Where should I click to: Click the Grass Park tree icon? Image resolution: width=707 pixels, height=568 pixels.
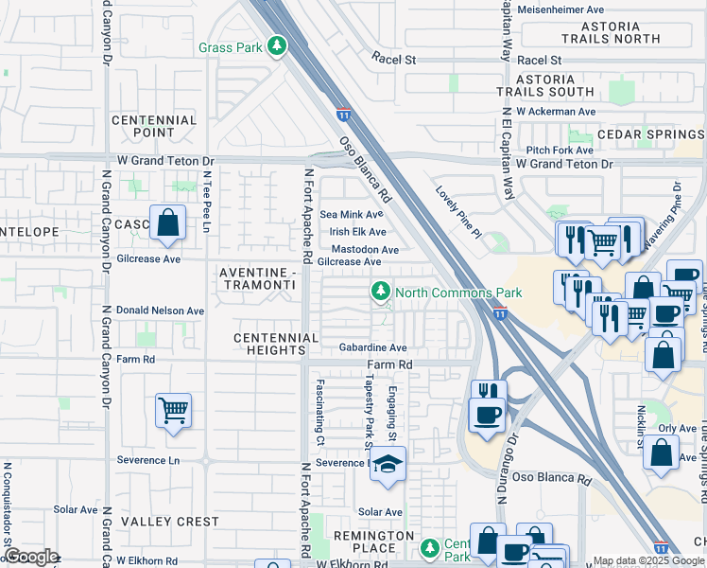coord(276,45)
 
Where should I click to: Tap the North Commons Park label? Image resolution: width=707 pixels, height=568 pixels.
coord(444,293)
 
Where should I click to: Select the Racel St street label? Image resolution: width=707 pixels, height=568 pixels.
coord(393,59)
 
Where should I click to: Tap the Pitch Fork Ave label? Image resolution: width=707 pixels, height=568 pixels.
coord(560,150)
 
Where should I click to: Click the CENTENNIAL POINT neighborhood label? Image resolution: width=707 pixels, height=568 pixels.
coord(154,126)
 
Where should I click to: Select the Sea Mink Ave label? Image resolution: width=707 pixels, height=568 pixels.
coord(352,215)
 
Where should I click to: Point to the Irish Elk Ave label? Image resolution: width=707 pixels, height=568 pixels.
coord(357,232)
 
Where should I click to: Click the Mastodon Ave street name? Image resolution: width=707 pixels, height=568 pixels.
coord(364,250)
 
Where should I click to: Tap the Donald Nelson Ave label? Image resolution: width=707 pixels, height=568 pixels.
coord(160,311)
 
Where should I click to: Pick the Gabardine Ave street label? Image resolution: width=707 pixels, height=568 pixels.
coord(372,347)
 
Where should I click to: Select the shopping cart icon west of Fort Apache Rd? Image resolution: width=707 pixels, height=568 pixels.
coord(173,411)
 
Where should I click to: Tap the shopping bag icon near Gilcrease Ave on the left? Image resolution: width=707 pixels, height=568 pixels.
coord(167,224)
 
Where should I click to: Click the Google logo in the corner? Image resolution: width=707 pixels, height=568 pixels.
coord(30,557)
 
